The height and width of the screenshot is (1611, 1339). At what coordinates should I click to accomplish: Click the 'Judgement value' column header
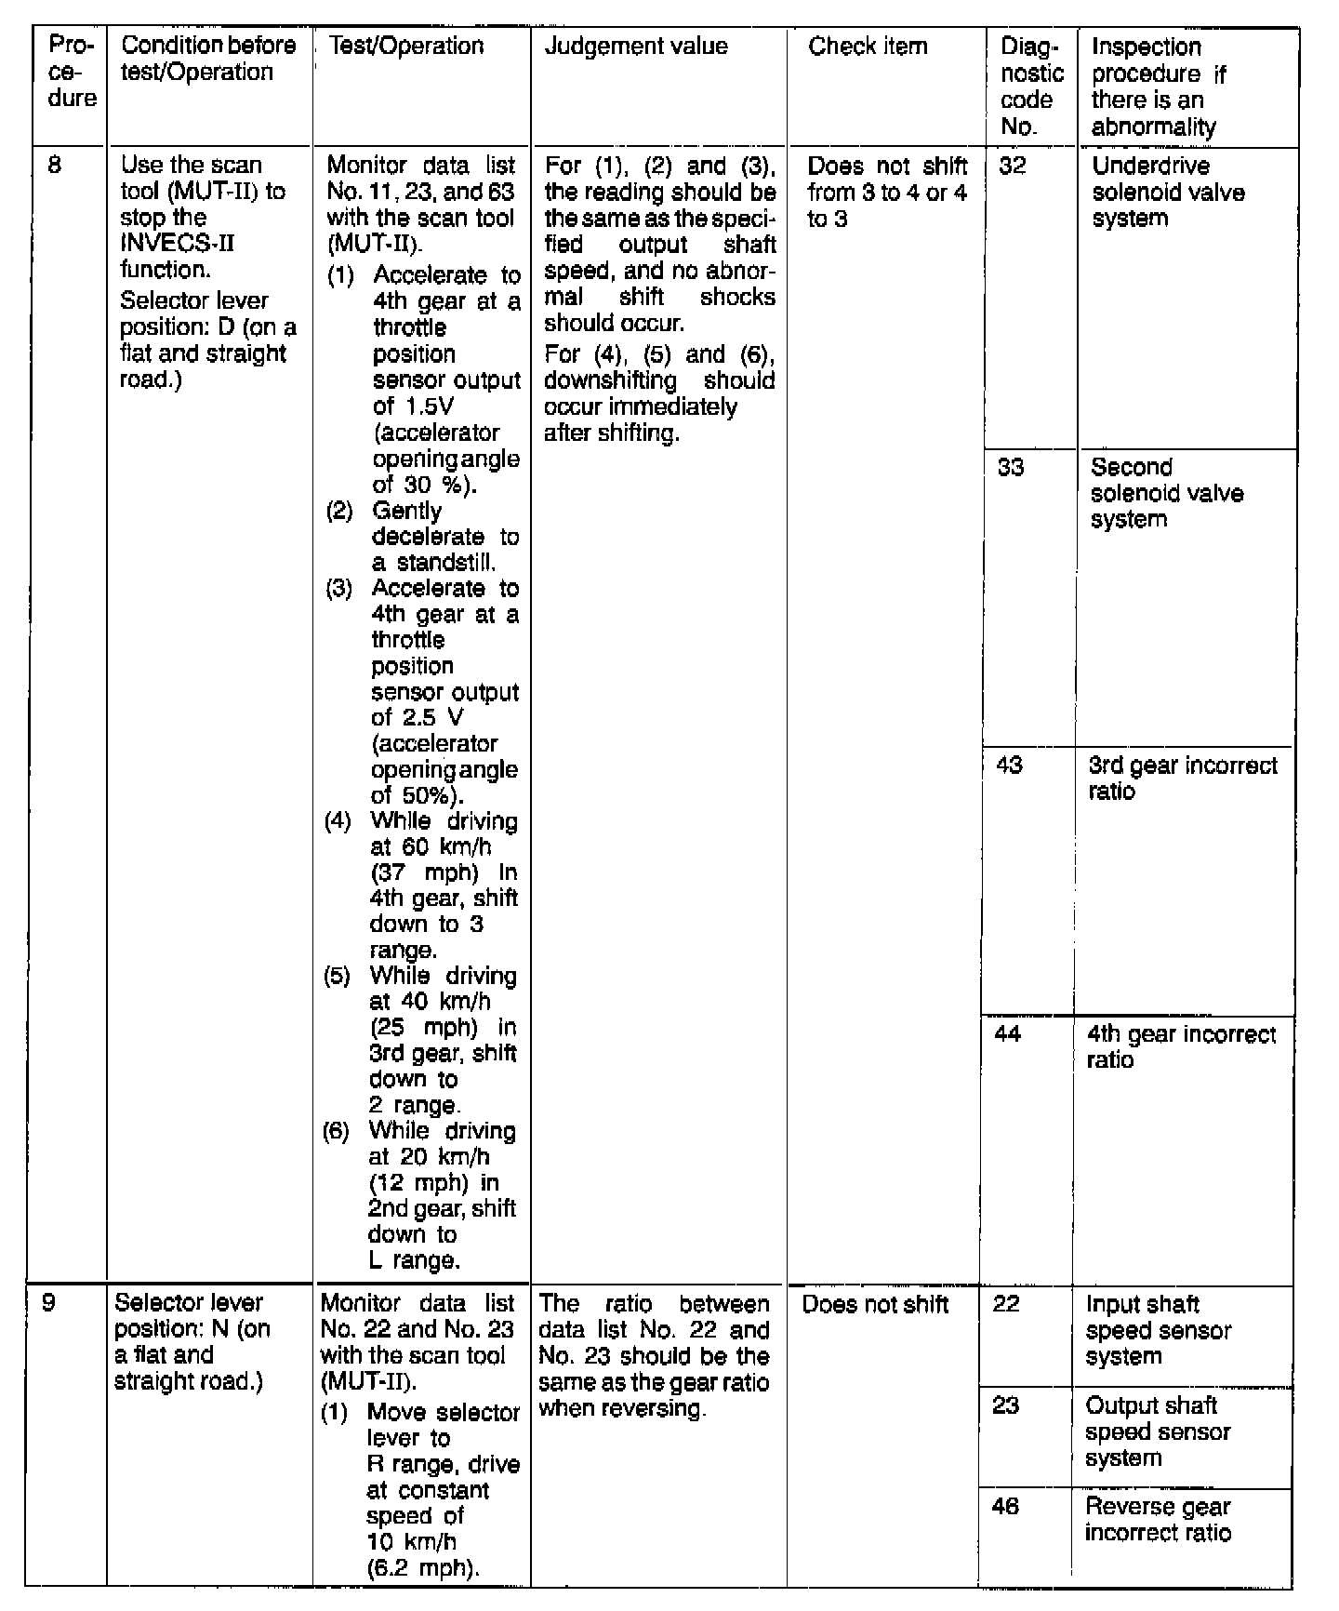click(x=636, y=47)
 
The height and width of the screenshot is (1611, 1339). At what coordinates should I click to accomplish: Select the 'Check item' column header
click(x=868, y=47)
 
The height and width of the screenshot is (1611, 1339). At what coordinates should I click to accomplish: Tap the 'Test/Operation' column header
click(x=406, y=47)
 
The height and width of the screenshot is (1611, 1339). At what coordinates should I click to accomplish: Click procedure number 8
click(x=55, y=166)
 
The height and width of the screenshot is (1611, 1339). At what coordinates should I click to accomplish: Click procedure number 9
click(x=48, y=1303)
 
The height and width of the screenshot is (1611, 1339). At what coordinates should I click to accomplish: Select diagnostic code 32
click(x=1013, y=166)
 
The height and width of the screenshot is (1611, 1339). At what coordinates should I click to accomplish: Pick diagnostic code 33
click(x=1011, y=467)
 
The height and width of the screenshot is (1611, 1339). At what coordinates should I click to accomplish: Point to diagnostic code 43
click(x=1010, y=766)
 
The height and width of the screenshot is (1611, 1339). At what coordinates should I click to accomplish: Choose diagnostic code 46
click(x=1005, y=1507)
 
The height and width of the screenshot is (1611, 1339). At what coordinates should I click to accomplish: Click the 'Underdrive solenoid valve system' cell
click(x=1168, y=193)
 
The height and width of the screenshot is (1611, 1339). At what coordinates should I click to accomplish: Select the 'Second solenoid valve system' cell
click(x=1167, y=493)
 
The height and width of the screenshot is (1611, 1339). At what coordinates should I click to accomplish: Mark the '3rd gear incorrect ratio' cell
click(x=1183, y=779)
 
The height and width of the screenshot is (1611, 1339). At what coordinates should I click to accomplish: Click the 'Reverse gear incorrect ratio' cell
click(x=1158, y=1520)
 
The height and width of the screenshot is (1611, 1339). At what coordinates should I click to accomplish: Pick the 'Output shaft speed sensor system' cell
click(x=1158, y=1431)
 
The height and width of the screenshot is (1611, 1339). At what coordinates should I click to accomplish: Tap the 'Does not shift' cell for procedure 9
click(x=875, y=1304)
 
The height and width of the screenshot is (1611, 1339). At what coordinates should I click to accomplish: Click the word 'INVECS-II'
click(x=178, y=244)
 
